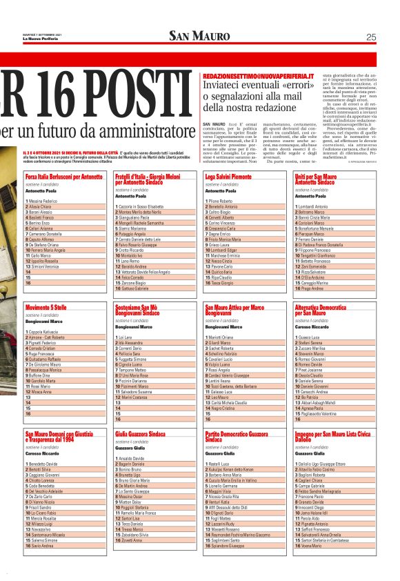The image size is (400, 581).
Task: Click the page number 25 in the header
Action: [371, 37]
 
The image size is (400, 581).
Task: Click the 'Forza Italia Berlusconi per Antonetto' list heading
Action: [64, 177]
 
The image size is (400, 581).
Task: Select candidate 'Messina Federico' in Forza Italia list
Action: [43, 201]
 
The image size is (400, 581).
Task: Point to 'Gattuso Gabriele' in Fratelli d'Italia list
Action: [135, 288]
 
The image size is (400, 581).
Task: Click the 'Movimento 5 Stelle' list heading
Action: [46, 306]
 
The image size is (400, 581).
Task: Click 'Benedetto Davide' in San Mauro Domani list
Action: [43, 464]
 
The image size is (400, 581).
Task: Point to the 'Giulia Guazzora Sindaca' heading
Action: [141, 434]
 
